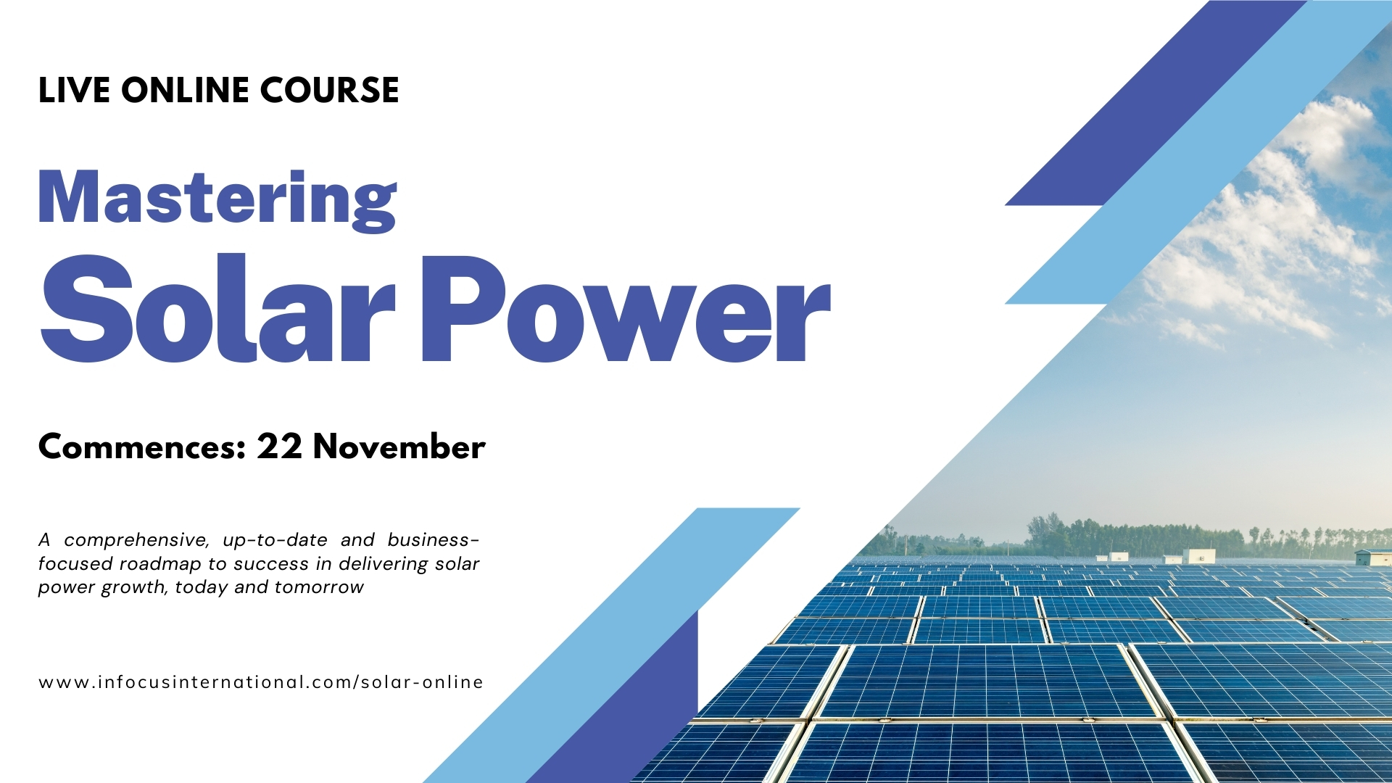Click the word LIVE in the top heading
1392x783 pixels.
coord(74,91)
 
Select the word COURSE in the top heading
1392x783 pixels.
coord(329,91)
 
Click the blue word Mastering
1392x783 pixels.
coord(217,199)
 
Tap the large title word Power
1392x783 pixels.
coord(626,308)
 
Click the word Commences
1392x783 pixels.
coord(142,447)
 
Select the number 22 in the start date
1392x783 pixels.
coord(279,447)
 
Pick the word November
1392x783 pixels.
coord(399,447)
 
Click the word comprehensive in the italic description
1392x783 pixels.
coord(136,541)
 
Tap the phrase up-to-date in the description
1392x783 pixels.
coord(275,541)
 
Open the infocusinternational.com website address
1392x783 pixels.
coord(261,682)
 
